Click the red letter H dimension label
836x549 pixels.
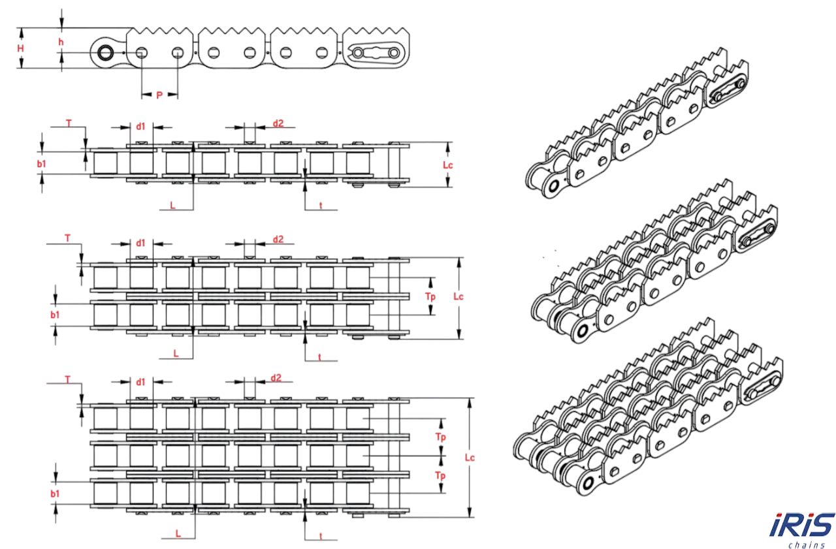pyautogui.click(x=20, y=48)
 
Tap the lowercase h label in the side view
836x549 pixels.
pyautogui.click(x=61, y=42)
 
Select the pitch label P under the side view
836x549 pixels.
pyautogui.click(x=159, y=95)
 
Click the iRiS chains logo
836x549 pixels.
pyautogui.click(x=802, y=530)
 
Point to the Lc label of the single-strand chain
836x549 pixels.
pyautogui.click(x=448, y=165)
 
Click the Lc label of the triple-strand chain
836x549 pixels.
pyautogui.click(x=470, y=458)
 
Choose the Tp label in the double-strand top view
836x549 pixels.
pyautogui.click(x=430, y=296)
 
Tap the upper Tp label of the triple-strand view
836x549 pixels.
pyautogui.click(x=440, y=437)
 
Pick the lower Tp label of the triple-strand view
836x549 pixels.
pyautogui.click(x=440, y=475)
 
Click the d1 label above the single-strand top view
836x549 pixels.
pyautogui.click(x=140, y=127)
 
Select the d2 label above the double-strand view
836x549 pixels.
pyautogui.click(x=278, y=239)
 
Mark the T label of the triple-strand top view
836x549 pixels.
pyautogui.click(x=67, y=380)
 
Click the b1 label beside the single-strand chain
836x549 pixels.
pyautogui.click(x=41, y=164)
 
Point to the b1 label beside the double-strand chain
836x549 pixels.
pyautogui.click(x=55, y=315)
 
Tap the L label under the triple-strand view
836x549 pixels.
pyautogui.click(x=178, y=534)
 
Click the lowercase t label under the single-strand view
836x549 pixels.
pyautogui.click(x=321, y=205)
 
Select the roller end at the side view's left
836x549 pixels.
pyautogui.click(x=106, y=53)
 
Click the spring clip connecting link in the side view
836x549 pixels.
pyautogui.click(x=376, y=53)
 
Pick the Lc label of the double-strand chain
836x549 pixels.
pyautogui.click(x=458, y=296)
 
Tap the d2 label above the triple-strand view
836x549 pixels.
pyautogui.click(x=276, y=378)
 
